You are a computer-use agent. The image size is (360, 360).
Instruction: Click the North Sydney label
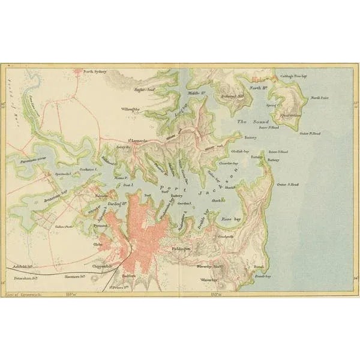pyautogui.click(x=95, y=71)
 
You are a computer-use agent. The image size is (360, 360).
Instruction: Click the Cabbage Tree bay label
pyautogui.click(x=293, y=77)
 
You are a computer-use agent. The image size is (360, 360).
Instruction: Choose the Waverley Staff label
pyautogui.click(x=211, y=265)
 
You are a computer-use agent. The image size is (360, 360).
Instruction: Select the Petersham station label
pyautogui.click(x=27, y=278)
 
